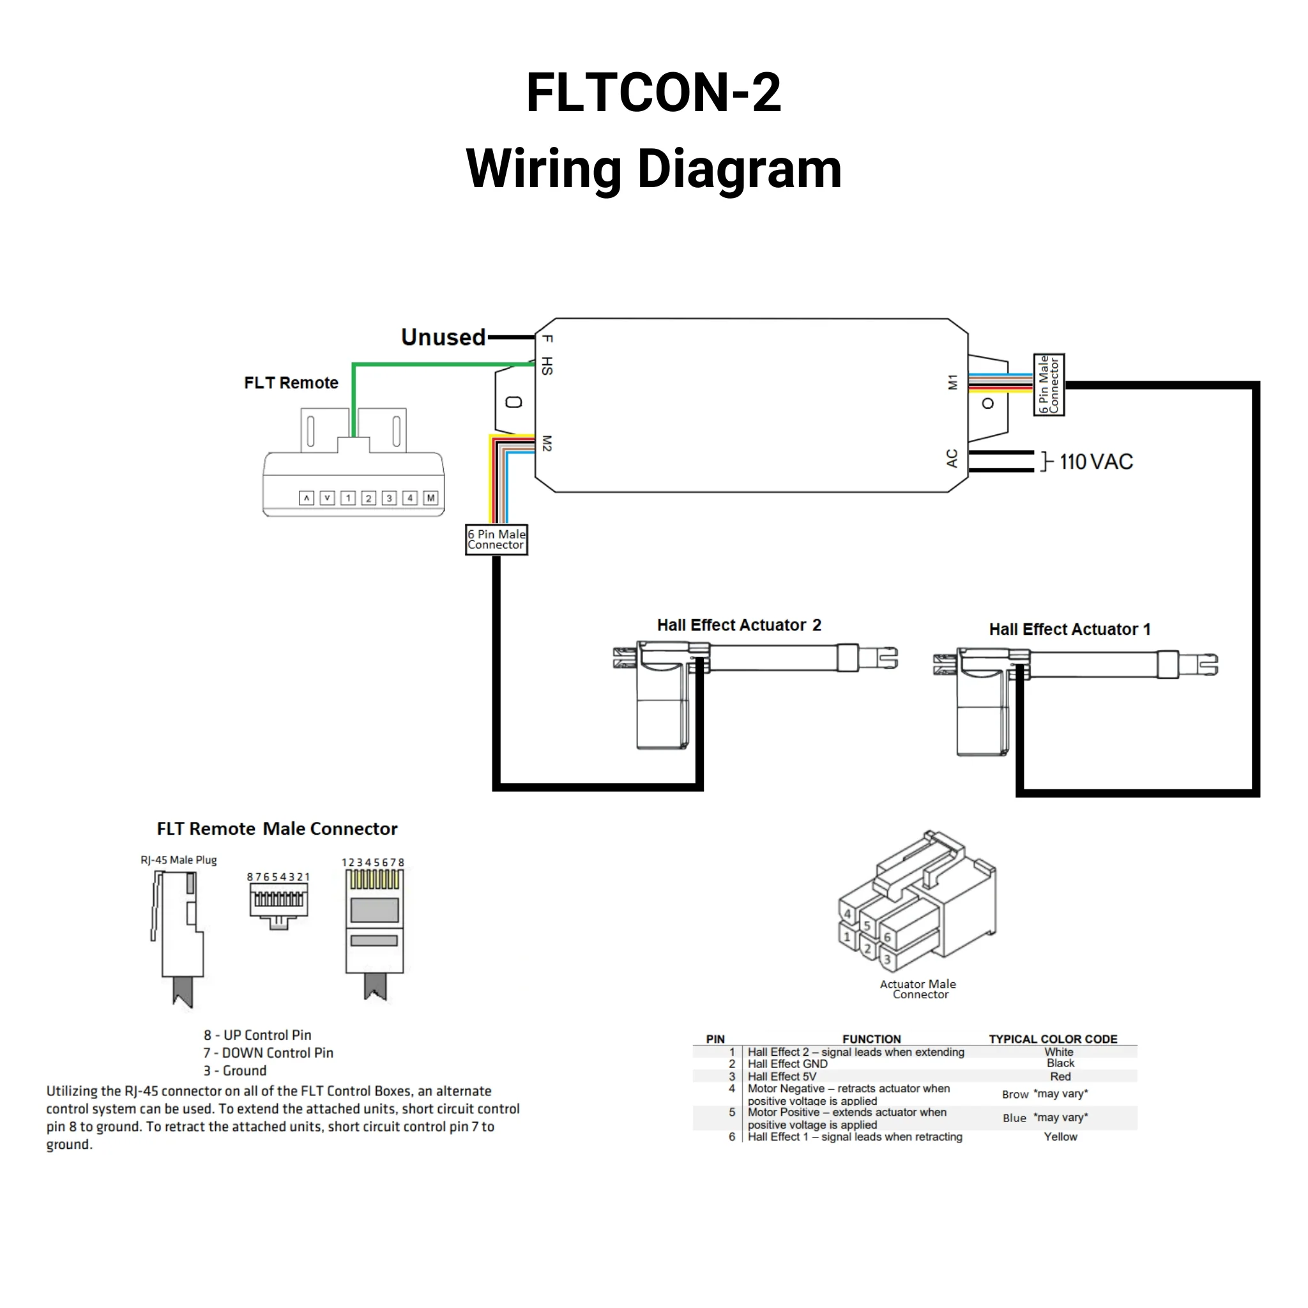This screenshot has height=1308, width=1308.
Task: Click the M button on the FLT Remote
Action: pos(430,498)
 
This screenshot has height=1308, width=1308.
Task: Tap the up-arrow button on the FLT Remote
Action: pos(307,498)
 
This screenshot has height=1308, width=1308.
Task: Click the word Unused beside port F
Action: pos(443,337)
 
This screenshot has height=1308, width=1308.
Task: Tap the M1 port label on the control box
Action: pos(952,383)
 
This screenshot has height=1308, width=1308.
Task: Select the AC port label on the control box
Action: pos(952,459)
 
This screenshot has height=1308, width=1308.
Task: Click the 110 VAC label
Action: pos(1095,462)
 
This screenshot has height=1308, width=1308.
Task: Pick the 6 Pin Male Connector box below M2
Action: pos(496,540)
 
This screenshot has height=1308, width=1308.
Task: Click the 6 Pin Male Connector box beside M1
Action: pos(1049,384)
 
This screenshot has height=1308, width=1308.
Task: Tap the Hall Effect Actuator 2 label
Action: pos(739,625)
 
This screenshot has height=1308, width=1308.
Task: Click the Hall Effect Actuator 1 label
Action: pos(1070,630)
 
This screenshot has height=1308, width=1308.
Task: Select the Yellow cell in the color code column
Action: pos(1060,1137)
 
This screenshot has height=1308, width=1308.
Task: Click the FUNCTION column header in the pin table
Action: pos(871,1038)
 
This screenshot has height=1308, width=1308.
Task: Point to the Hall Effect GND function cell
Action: pos(787,1063)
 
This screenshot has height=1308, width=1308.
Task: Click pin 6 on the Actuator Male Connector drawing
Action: pos(887,938)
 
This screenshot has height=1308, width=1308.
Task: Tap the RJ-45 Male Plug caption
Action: pos(179,860)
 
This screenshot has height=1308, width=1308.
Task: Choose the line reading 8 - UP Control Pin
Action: pos(257,1035)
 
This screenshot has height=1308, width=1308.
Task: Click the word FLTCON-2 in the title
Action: pos(653,93)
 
